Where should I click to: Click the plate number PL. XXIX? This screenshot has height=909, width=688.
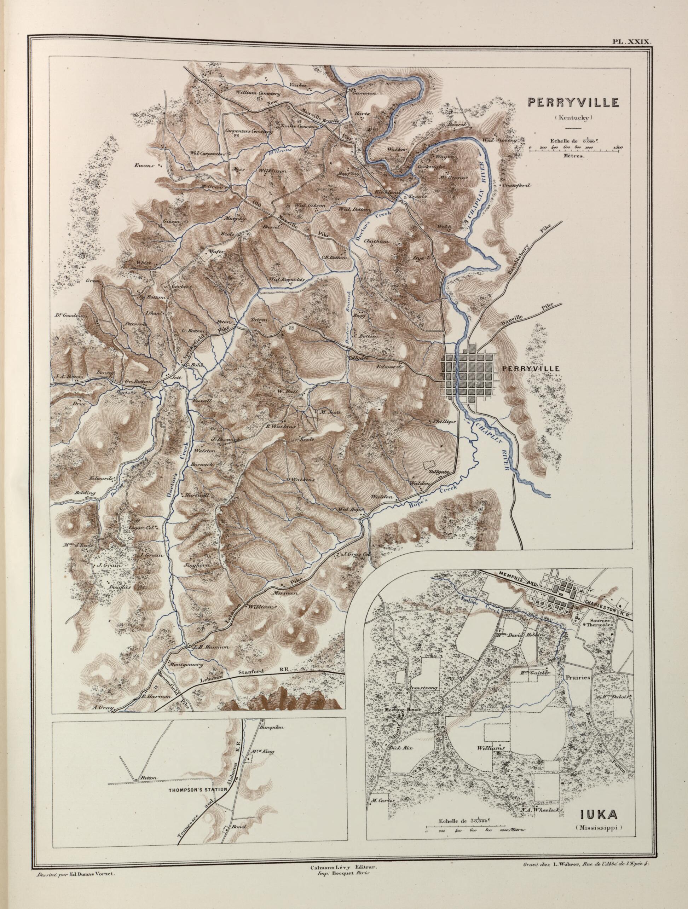tap(629, 41)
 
